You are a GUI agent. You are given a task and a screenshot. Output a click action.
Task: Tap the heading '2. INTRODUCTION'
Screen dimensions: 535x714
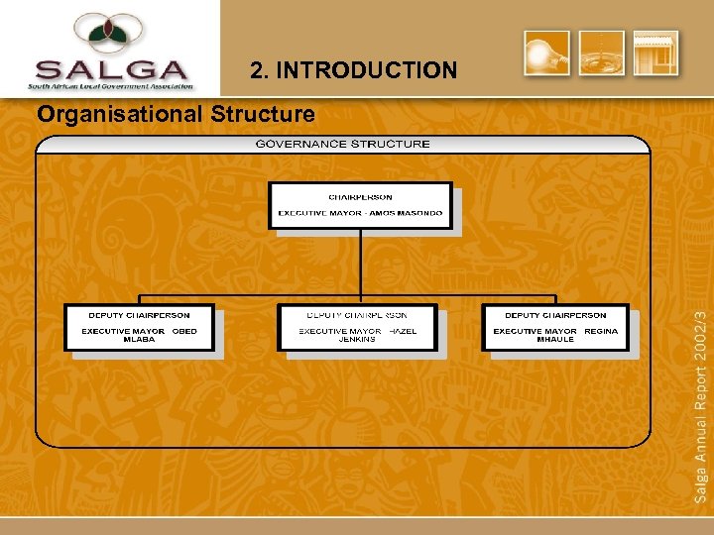[x=354, y=70]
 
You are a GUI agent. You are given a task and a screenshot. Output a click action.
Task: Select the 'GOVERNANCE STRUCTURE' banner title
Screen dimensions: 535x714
[x=342, y=144]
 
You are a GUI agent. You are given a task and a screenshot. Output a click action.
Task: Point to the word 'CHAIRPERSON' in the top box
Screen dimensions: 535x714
[x=360, y=197]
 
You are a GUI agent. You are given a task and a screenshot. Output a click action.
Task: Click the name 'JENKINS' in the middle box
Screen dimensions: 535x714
[x=357, y=340]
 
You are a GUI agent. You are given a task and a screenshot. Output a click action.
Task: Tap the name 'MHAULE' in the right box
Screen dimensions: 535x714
[x=555, y=340]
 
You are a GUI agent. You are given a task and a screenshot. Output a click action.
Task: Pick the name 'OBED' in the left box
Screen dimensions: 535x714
[x=184, y=331]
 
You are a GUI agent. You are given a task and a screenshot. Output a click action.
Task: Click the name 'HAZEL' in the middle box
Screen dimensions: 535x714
[x=403, y=331]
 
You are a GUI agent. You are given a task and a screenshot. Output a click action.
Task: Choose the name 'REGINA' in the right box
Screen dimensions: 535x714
[x=601, y=331]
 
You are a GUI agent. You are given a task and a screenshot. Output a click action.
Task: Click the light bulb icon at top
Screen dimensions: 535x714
[x=546, y=53]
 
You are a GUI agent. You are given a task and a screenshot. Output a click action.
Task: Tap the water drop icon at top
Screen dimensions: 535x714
[x=602, y=53]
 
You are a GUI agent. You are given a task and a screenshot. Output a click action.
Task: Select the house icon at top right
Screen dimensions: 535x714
[x=656, y=53]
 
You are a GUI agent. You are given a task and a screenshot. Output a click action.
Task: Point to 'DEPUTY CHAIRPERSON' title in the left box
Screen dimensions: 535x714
[x=139, y=315]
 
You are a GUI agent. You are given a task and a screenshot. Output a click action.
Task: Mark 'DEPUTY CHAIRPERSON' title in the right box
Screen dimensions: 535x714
[x=555, y=315]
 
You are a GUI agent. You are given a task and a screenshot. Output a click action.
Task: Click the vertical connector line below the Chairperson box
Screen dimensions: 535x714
[x=361, y=263]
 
